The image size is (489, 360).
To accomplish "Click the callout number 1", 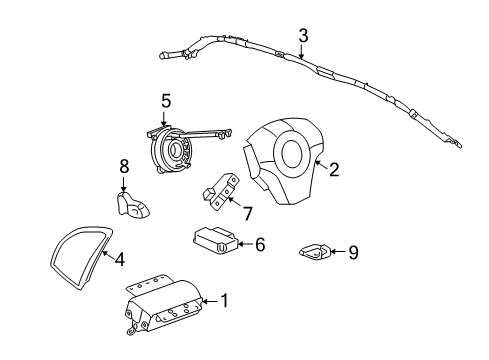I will [x=224, y=299].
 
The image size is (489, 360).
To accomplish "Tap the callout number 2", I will [x=333, y=169].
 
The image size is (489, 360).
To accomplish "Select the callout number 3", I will [x=302, y=36].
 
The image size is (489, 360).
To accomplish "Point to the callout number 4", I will [x=119, y=260].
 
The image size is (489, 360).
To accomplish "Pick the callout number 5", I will [x=166, y=100].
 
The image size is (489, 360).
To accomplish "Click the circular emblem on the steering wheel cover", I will [x=295, y=155].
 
